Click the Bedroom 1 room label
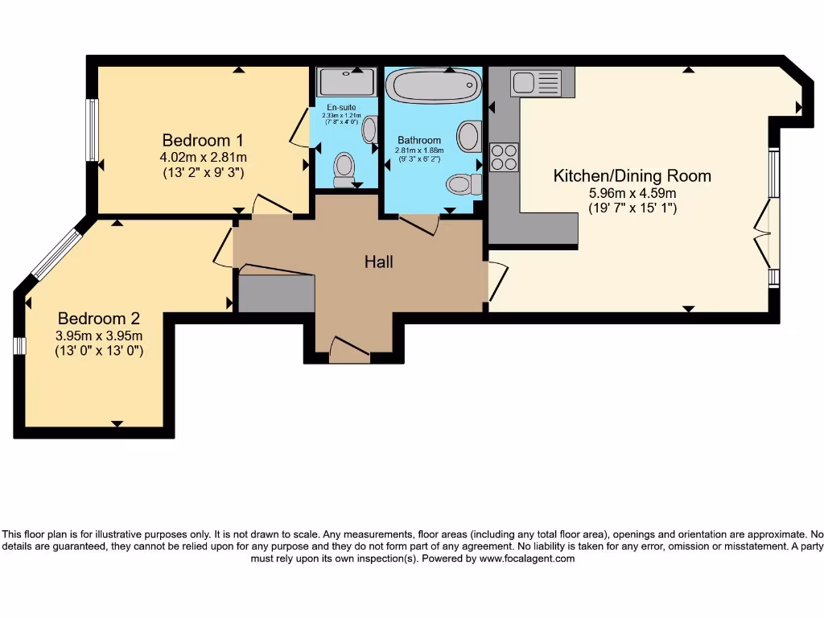tap(203, 138)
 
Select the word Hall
tap(379, 262)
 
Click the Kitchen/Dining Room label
tap(632, 175)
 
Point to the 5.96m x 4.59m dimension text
tap(632, 193)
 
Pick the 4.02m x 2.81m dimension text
tap(203, 157)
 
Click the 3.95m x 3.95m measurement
tap(98, 336)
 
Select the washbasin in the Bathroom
tap(469, 136)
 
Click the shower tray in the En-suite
tap(347, 82)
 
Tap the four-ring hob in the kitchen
tap(505, 157)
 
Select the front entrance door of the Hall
tap(350, 350)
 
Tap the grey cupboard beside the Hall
tap(276, 294)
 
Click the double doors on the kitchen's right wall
tap(764, 233)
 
